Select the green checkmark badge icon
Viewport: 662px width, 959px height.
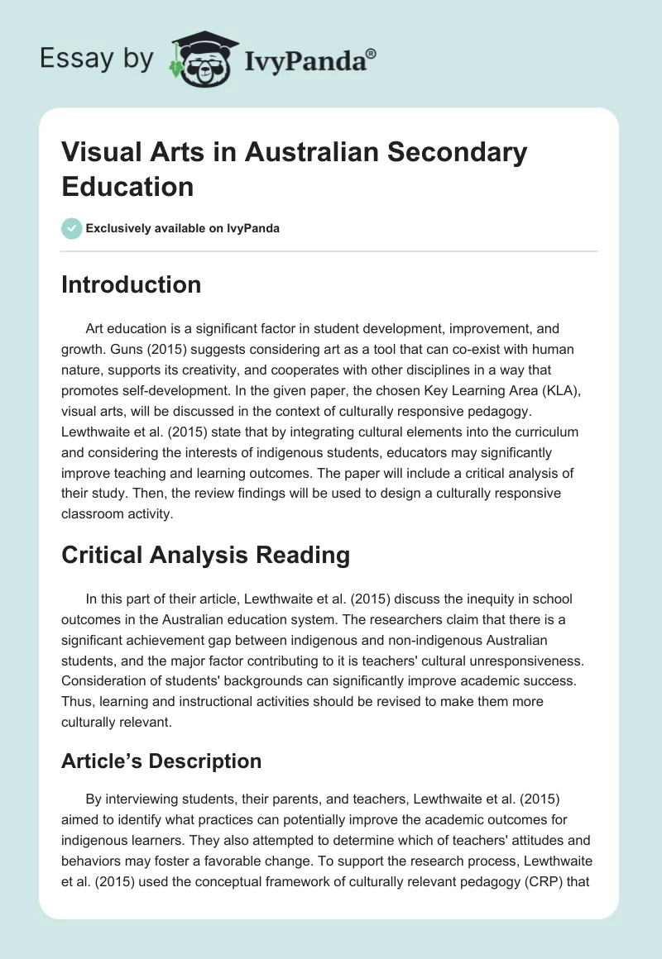pyautogui.click(x=71, y=228)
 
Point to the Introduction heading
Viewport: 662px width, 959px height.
pyautogui.click(x=131, y=285)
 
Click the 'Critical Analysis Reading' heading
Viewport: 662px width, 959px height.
pyautogui.click(x=205, y=556)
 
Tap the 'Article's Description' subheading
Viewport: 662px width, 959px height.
pyautogui.click(x=161, y=761)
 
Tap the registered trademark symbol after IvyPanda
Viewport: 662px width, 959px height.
pyautogui.click(x=372, y=54)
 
